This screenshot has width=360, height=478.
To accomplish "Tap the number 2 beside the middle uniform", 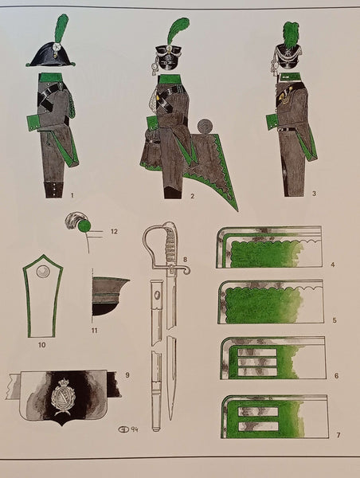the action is tap(192, 196).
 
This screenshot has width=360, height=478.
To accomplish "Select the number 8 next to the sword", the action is tap(185, 260).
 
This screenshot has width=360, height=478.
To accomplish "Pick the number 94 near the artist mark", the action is tap(134, 429).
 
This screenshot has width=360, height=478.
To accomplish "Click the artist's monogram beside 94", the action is tap(123, 429).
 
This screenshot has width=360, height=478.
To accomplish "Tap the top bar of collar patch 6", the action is tap(257, 353).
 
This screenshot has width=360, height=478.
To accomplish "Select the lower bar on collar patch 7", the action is tap(259, 426).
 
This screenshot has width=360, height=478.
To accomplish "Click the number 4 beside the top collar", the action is tap(333, 264).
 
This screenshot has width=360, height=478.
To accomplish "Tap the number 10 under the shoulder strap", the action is tap(41, 345).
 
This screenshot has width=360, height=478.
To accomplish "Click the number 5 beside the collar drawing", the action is tap(335, 320).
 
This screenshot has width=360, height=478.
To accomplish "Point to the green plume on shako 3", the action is tap(291, 33).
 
